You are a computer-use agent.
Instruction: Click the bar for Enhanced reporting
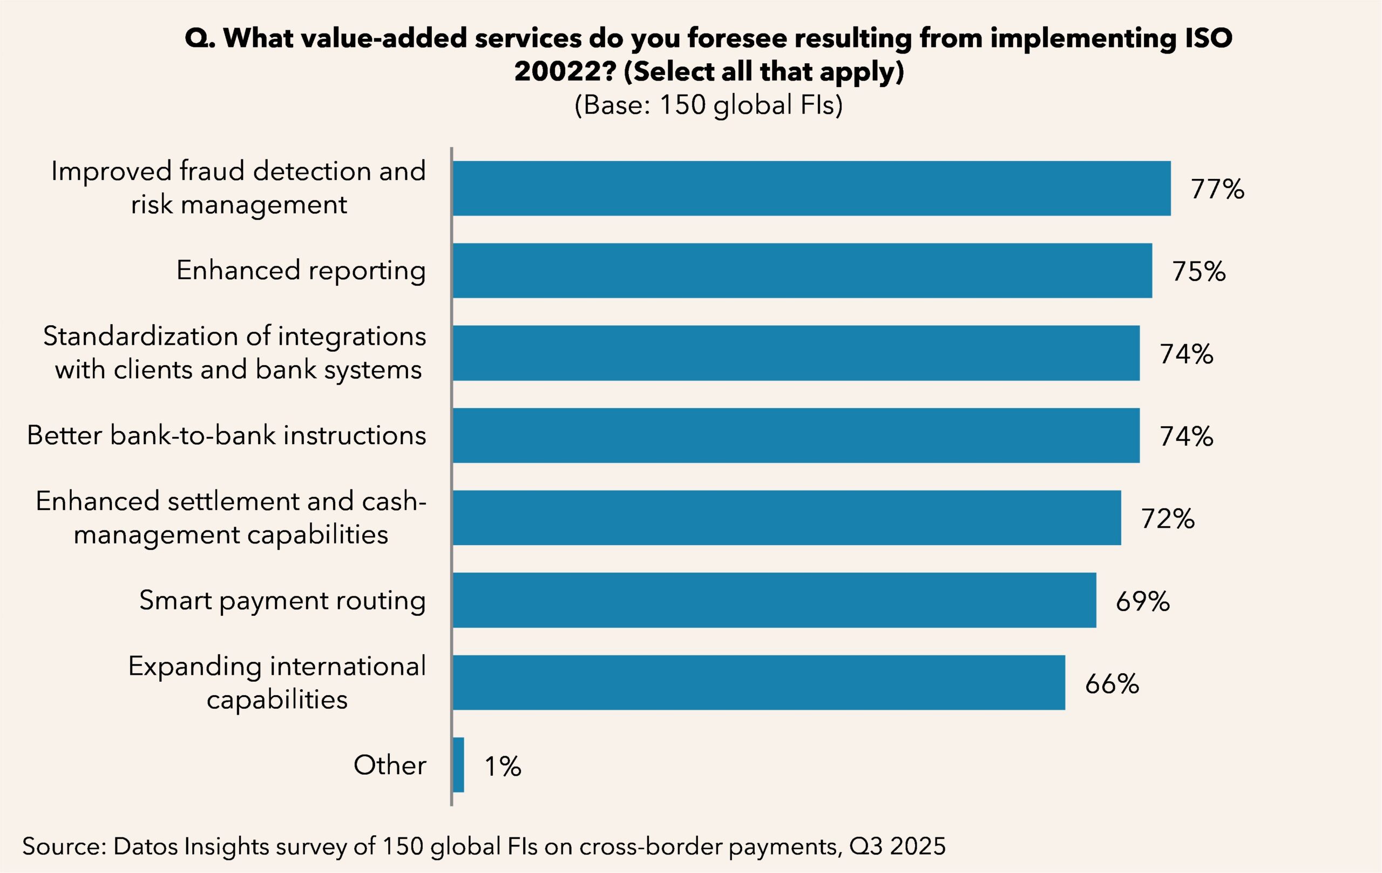(802, 271)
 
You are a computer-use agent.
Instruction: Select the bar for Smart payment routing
(774, 600)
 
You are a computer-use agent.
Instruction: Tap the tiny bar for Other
(458, 765)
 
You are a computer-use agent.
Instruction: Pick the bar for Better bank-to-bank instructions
(795, 435)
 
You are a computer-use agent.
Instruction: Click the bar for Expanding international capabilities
(758, 682)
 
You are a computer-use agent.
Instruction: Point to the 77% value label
(1217, 189)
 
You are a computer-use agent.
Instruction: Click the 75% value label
(1198, 272)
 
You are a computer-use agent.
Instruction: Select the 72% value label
(1167, 519)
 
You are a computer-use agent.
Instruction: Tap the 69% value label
(1142, 601)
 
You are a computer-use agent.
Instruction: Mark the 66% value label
(1112, 684)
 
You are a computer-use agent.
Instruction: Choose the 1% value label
(503, 766)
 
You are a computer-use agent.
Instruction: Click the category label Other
(390, 765)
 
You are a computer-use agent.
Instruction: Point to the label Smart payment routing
(282, 601)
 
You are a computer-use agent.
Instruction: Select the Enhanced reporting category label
(301, 271)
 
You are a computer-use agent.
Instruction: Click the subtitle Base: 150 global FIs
(708, 105)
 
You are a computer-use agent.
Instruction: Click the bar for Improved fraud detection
(811, 189)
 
